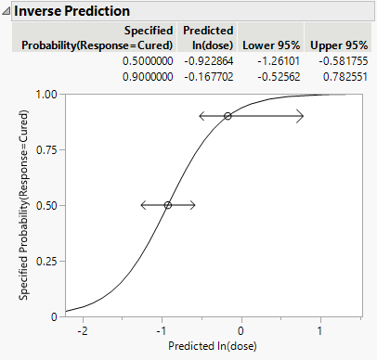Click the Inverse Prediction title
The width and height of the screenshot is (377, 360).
click(x=71, y=10)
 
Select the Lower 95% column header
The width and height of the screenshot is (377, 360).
click(x=265, y=44)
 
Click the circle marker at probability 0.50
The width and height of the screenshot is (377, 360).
click(x=168, y=205)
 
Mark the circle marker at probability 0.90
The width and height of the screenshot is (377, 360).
click(x=227, y=116)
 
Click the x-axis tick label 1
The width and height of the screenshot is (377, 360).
click(x=321, y=331)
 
